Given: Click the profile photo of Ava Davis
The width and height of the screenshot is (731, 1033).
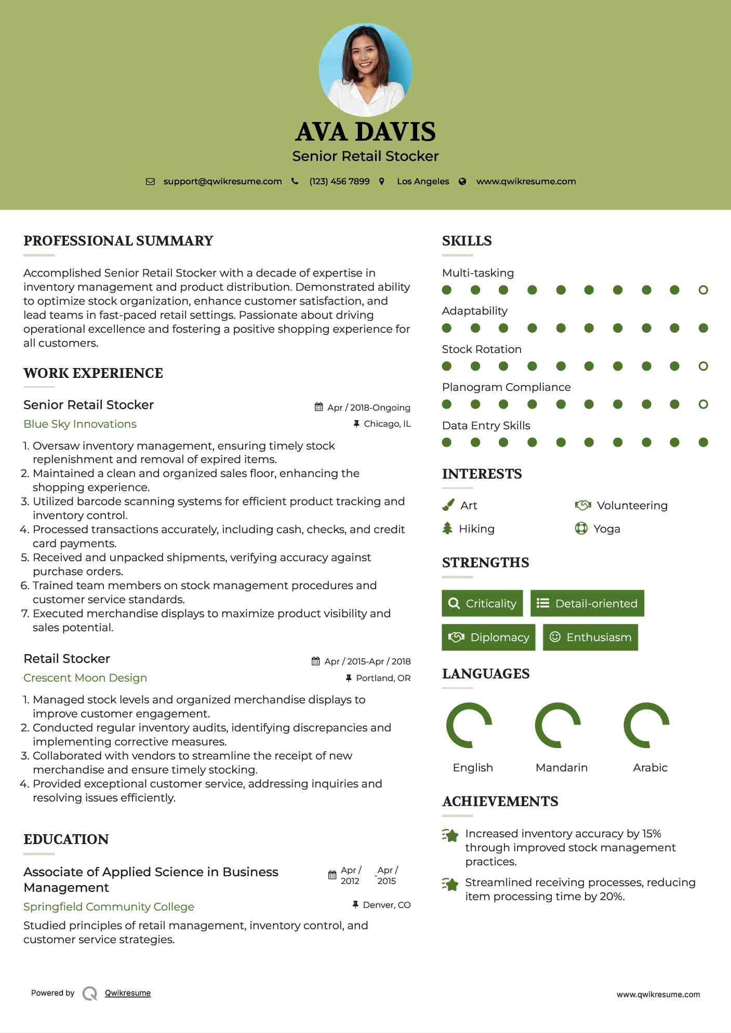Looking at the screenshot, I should point(365,70).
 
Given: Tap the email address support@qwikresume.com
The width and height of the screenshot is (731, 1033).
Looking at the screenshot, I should point(222,181).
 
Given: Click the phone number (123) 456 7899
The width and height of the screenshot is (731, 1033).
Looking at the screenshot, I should point(339,181).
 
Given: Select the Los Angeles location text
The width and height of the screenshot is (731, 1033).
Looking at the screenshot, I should point(423,181).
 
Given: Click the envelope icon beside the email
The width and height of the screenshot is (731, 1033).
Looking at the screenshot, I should point(150,182).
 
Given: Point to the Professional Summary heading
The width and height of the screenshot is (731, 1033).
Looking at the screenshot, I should point(118,241).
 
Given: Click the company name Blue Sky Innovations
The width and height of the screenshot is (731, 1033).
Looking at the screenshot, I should point(80,424).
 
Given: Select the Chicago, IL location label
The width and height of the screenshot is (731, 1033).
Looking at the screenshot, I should point(387,424).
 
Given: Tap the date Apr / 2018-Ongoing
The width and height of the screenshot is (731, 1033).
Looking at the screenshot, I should point(368,407).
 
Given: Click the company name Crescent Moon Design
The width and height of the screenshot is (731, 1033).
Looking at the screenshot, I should point(85,678).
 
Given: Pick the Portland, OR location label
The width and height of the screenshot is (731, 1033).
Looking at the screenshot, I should point(383,678).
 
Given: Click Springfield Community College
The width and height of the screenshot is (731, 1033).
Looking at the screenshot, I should point(109,907).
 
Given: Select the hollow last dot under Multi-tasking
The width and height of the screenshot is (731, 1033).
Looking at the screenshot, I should point(703,290).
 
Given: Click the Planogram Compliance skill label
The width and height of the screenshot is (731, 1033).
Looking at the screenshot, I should point(506,387).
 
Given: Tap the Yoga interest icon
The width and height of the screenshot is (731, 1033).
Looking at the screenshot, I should point(581,528).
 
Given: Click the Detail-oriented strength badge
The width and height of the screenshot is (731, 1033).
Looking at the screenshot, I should point(587,603).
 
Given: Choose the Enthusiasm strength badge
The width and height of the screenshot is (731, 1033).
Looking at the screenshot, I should point(590,637).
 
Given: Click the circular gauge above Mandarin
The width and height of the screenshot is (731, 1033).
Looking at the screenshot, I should point(558,725).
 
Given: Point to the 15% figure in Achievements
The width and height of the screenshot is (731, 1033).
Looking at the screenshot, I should point(652,834).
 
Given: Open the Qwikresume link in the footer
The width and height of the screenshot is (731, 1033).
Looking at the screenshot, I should point(128,993).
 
